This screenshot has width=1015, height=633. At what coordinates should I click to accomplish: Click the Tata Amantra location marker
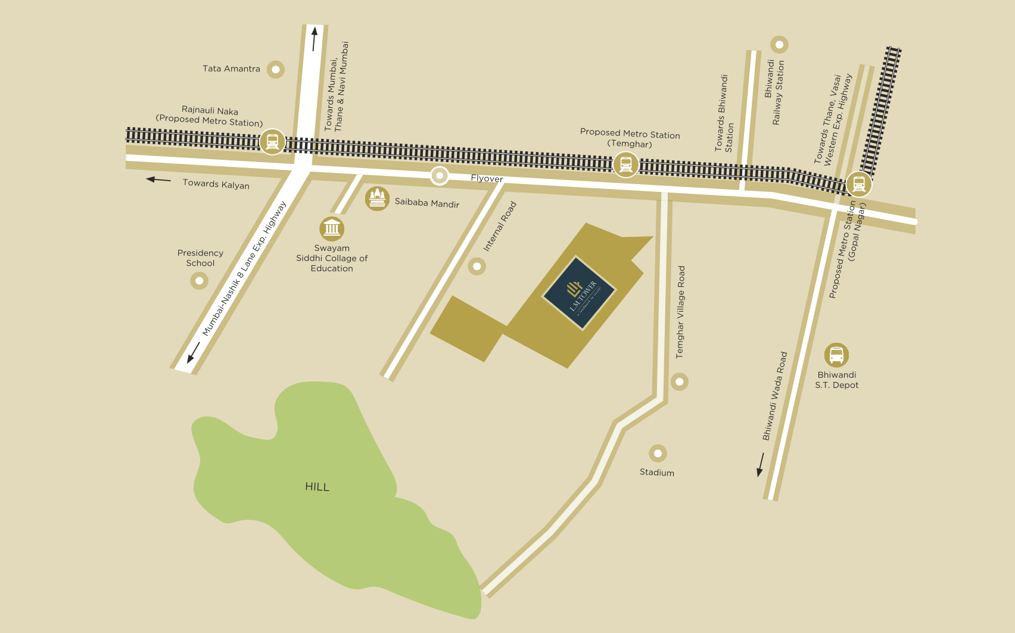[x=275, y=69]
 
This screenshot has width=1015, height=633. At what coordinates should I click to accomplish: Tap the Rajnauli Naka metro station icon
[x=272, y=142]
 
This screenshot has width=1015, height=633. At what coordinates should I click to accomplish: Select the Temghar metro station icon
[x=625, y=164]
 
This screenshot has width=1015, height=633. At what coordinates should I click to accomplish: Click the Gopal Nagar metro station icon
[x=859, y=184]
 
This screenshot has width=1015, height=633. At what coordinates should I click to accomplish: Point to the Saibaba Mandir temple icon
[x=377, y=198]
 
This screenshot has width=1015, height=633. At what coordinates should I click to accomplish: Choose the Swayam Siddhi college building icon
[x=332, y=228]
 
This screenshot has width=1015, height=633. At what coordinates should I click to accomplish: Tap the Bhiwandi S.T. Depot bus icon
[x=836, y=355]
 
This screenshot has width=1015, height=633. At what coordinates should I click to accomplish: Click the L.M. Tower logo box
[x=579, y=293]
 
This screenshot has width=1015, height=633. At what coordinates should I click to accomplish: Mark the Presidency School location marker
[x=199, y=280]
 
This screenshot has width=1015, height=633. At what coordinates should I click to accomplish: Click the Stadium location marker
[x=658, y=454]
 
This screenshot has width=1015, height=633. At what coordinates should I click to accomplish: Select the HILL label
[x=317, y=487]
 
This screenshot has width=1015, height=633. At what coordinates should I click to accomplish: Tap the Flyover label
[x=487, y=178]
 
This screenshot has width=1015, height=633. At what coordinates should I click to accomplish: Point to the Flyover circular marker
[x=440, y=176]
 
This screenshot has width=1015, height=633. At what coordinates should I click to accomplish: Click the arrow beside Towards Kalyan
[x=158, y=179]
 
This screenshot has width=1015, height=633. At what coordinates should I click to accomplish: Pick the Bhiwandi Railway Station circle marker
[x=779, y=45]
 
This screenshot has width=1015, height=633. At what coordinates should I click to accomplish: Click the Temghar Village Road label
[x=680, y=312]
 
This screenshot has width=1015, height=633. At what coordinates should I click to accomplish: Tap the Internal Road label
[x=500, y=226]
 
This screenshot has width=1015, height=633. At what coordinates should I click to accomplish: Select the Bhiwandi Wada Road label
[x=775, y=396]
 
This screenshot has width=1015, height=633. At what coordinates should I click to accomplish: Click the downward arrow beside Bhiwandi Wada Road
[x=760, y=465]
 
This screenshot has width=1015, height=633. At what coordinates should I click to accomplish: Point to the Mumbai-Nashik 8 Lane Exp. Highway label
[x=244, y=269]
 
